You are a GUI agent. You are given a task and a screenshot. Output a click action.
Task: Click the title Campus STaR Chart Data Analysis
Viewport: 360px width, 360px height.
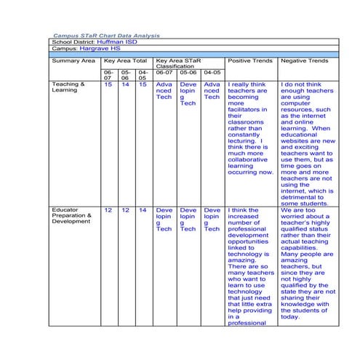click(x=106, y=36)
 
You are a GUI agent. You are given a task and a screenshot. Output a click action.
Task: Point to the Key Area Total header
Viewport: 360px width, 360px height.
click(x=124, y=61)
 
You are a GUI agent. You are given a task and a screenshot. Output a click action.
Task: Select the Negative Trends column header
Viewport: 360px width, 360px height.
click(x=304, y=61)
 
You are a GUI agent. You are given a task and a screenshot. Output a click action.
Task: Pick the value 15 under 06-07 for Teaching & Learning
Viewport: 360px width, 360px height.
click(x=108, y=85)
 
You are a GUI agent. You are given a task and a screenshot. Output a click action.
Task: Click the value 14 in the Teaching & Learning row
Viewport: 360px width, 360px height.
click(x=125, y=85)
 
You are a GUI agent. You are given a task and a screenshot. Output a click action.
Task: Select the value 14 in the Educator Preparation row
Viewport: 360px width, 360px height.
click(x=143, y=210)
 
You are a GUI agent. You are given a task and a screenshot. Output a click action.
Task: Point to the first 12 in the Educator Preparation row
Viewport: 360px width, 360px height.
click(x=108, y=210)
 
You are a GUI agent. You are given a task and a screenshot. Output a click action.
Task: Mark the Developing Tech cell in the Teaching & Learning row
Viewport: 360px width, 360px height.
click(x=188, y=95)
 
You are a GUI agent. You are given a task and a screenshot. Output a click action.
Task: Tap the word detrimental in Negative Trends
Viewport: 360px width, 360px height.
click(x=305, y=194)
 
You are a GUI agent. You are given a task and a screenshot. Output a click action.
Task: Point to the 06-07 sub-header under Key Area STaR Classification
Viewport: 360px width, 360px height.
click(x=164, y=73)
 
